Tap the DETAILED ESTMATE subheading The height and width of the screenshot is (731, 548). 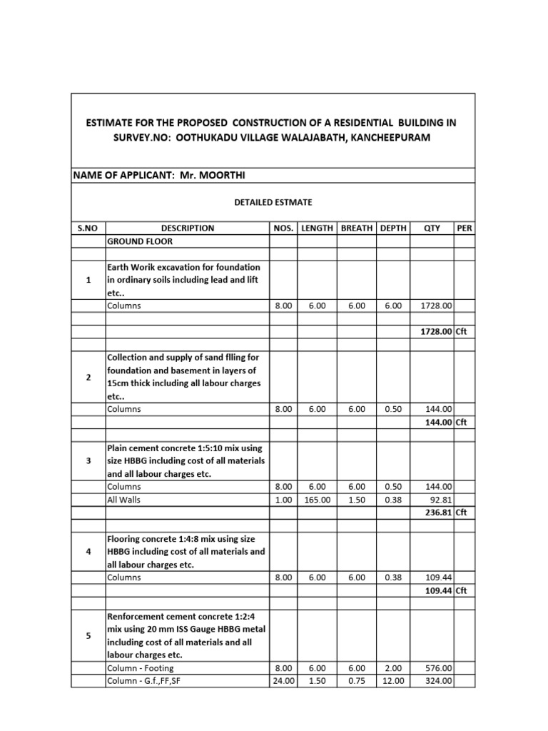[273, 203]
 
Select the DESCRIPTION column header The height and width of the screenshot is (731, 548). [187, 228]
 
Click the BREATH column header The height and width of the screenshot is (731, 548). [356, 228]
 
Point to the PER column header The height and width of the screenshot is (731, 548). [464, 228]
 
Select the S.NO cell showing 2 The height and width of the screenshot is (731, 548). [88, 377]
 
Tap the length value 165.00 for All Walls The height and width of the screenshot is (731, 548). [316, 500]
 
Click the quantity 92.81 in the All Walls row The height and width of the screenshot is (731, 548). [439, 500]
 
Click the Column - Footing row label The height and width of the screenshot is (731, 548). [140, 668]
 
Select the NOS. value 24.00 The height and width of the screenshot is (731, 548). [283, 681]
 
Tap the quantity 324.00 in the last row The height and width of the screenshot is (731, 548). [437, 681]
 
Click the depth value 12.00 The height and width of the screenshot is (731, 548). [393, 681]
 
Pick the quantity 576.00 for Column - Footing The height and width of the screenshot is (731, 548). [437, 668]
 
